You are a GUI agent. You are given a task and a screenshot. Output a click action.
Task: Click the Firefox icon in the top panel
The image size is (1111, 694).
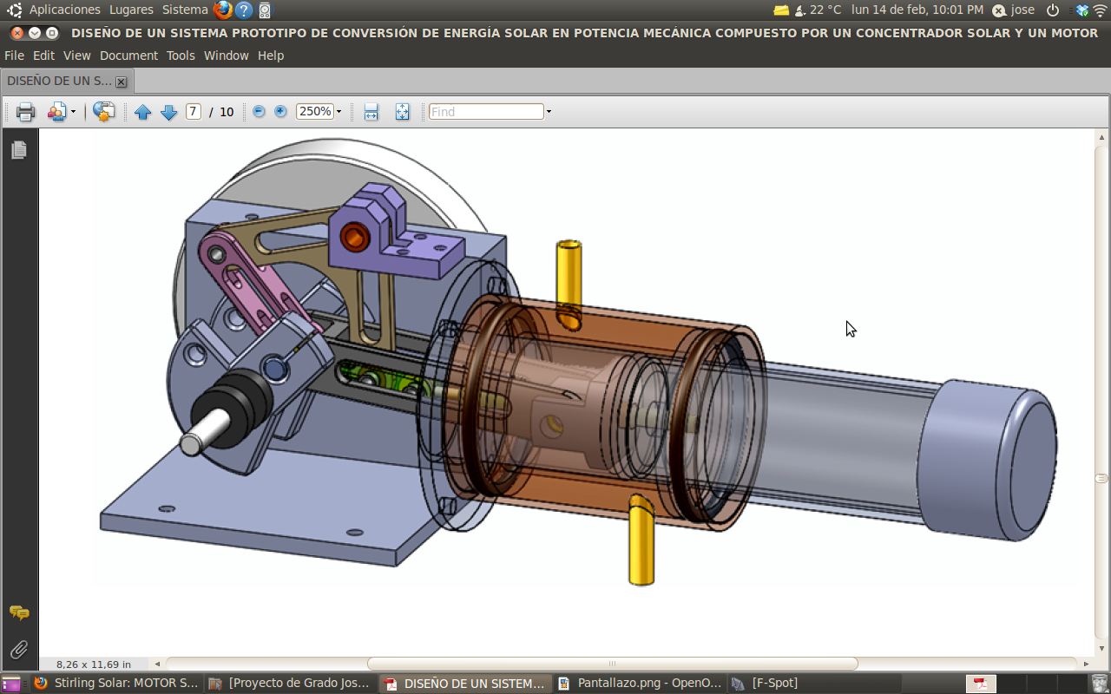[x=223, y=10]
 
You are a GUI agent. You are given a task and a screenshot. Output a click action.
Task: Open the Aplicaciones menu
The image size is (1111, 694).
[x=64, y=10]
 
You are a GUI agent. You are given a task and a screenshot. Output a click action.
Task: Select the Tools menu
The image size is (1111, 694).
[x=181, y=56]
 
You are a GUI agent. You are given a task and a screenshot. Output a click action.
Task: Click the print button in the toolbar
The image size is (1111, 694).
[x=25, y=112]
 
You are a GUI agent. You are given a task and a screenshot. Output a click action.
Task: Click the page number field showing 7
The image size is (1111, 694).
[x=193, y=112]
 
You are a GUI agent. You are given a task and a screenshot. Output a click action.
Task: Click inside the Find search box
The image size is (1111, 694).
[x=486, y=112]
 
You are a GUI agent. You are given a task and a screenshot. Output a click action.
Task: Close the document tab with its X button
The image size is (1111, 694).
[x=121, y=82]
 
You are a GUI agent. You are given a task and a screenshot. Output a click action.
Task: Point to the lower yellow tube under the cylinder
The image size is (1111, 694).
[x=641, y=542]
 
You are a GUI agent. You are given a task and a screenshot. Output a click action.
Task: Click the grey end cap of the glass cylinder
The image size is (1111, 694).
[x=989, y=460]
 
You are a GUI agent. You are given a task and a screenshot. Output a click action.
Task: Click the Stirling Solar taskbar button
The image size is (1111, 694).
[x=116, y=683]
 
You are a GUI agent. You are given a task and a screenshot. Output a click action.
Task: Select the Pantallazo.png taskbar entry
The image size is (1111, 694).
[x=640, y=683]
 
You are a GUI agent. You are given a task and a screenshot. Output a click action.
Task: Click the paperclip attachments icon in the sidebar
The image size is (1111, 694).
[x=18, y=649]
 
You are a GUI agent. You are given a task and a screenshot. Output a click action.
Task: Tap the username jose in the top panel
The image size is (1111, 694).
[x=1022, y=10]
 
